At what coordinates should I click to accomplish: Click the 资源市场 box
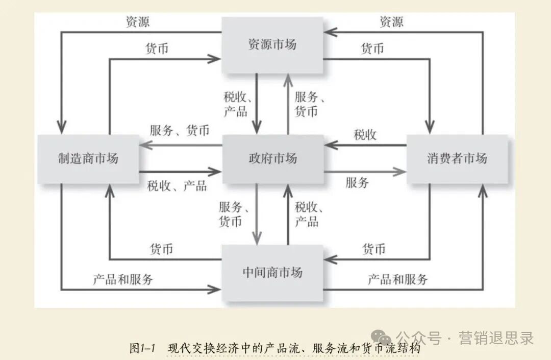click(272, 45)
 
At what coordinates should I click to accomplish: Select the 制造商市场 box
click(88, 158)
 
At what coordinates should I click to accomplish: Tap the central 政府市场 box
click(272, 158)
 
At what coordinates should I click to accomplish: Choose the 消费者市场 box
click(457, 158)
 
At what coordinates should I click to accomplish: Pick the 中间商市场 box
click(272, 272)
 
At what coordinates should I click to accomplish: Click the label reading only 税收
click(365, 135)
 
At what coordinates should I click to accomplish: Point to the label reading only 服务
click(357, 182)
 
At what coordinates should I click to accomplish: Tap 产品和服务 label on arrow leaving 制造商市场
click(123, 279)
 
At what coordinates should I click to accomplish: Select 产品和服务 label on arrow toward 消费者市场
click(398, 279)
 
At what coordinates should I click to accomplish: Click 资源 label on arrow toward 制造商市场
click(138, 22)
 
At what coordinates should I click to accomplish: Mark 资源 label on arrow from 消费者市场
click(391, 22)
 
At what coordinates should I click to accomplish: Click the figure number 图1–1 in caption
click(142, 349)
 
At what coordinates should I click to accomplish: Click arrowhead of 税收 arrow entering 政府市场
click(329, 146)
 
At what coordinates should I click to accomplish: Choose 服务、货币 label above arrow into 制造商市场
click(180, 130)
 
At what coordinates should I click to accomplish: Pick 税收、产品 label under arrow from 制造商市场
click(177, 186)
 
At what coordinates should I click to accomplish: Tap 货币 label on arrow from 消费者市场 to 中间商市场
click(374, 249)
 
